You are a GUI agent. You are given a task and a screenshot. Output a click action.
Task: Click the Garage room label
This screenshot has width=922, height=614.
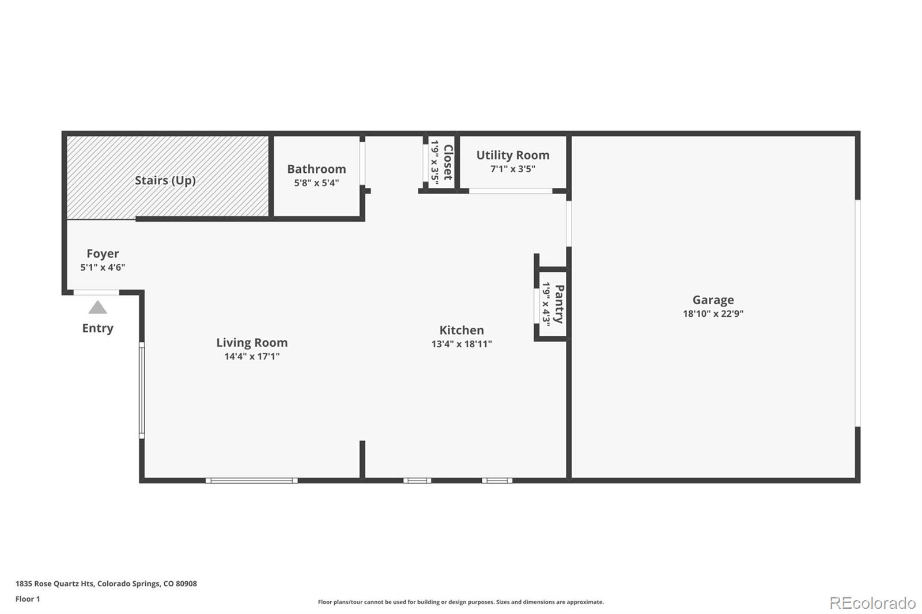point(713,300)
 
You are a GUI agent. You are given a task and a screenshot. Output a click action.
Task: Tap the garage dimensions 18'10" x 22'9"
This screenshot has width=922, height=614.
point(713,314)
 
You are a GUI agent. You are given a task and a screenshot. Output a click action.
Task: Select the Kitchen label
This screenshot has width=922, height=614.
point(461,330)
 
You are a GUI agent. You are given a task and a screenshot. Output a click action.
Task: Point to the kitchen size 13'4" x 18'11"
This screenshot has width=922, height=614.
point(461,344)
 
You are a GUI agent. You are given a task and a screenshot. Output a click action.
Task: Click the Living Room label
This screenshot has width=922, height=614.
point(252,343)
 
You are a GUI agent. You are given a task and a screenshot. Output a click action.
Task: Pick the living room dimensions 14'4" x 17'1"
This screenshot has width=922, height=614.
point(252,357)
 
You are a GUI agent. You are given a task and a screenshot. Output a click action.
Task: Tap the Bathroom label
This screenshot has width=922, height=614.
point(316,169)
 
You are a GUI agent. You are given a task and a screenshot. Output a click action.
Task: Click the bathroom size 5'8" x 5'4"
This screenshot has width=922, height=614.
point(316,183)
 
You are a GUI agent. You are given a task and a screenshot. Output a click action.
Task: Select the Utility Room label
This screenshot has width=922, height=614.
point(512,155)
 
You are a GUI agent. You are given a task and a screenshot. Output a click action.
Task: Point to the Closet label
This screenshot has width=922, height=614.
point(448,162)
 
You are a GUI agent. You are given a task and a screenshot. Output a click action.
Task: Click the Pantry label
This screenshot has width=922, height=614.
point(558,304)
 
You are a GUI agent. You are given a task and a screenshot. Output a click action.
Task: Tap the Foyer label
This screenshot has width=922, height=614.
point(103,253)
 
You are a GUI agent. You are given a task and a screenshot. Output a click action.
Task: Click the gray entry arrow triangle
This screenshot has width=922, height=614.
point(97,308)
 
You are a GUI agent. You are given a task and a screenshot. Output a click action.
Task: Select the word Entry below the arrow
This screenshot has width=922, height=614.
point(97,328)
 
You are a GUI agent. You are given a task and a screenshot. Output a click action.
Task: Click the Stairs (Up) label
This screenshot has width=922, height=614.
point(165,180)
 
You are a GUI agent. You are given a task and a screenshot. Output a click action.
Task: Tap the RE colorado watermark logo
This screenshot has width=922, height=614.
point(872,602)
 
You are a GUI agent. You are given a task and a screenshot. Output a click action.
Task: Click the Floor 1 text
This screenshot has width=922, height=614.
point(28,599)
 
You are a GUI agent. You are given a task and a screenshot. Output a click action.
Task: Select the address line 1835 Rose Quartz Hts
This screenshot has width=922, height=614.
point(106,583)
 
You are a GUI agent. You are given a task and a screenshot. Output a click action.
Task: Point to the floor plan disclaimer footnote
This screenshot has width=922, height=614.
point(460,602)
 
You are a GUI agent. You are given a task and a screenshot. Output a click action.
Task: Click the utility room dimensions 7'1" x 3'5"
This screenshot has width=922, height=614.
point(512,169)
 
